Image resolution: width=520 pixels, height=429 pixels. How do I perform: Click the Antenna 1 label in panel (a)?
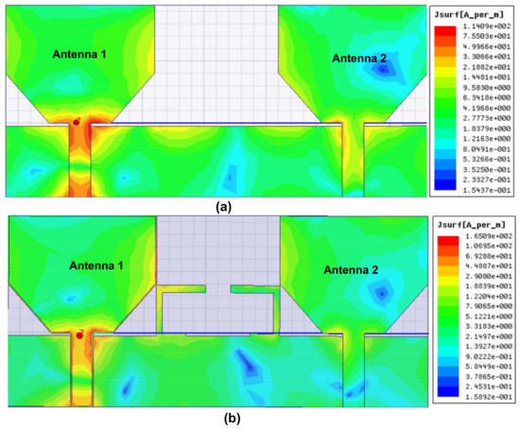78,55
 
